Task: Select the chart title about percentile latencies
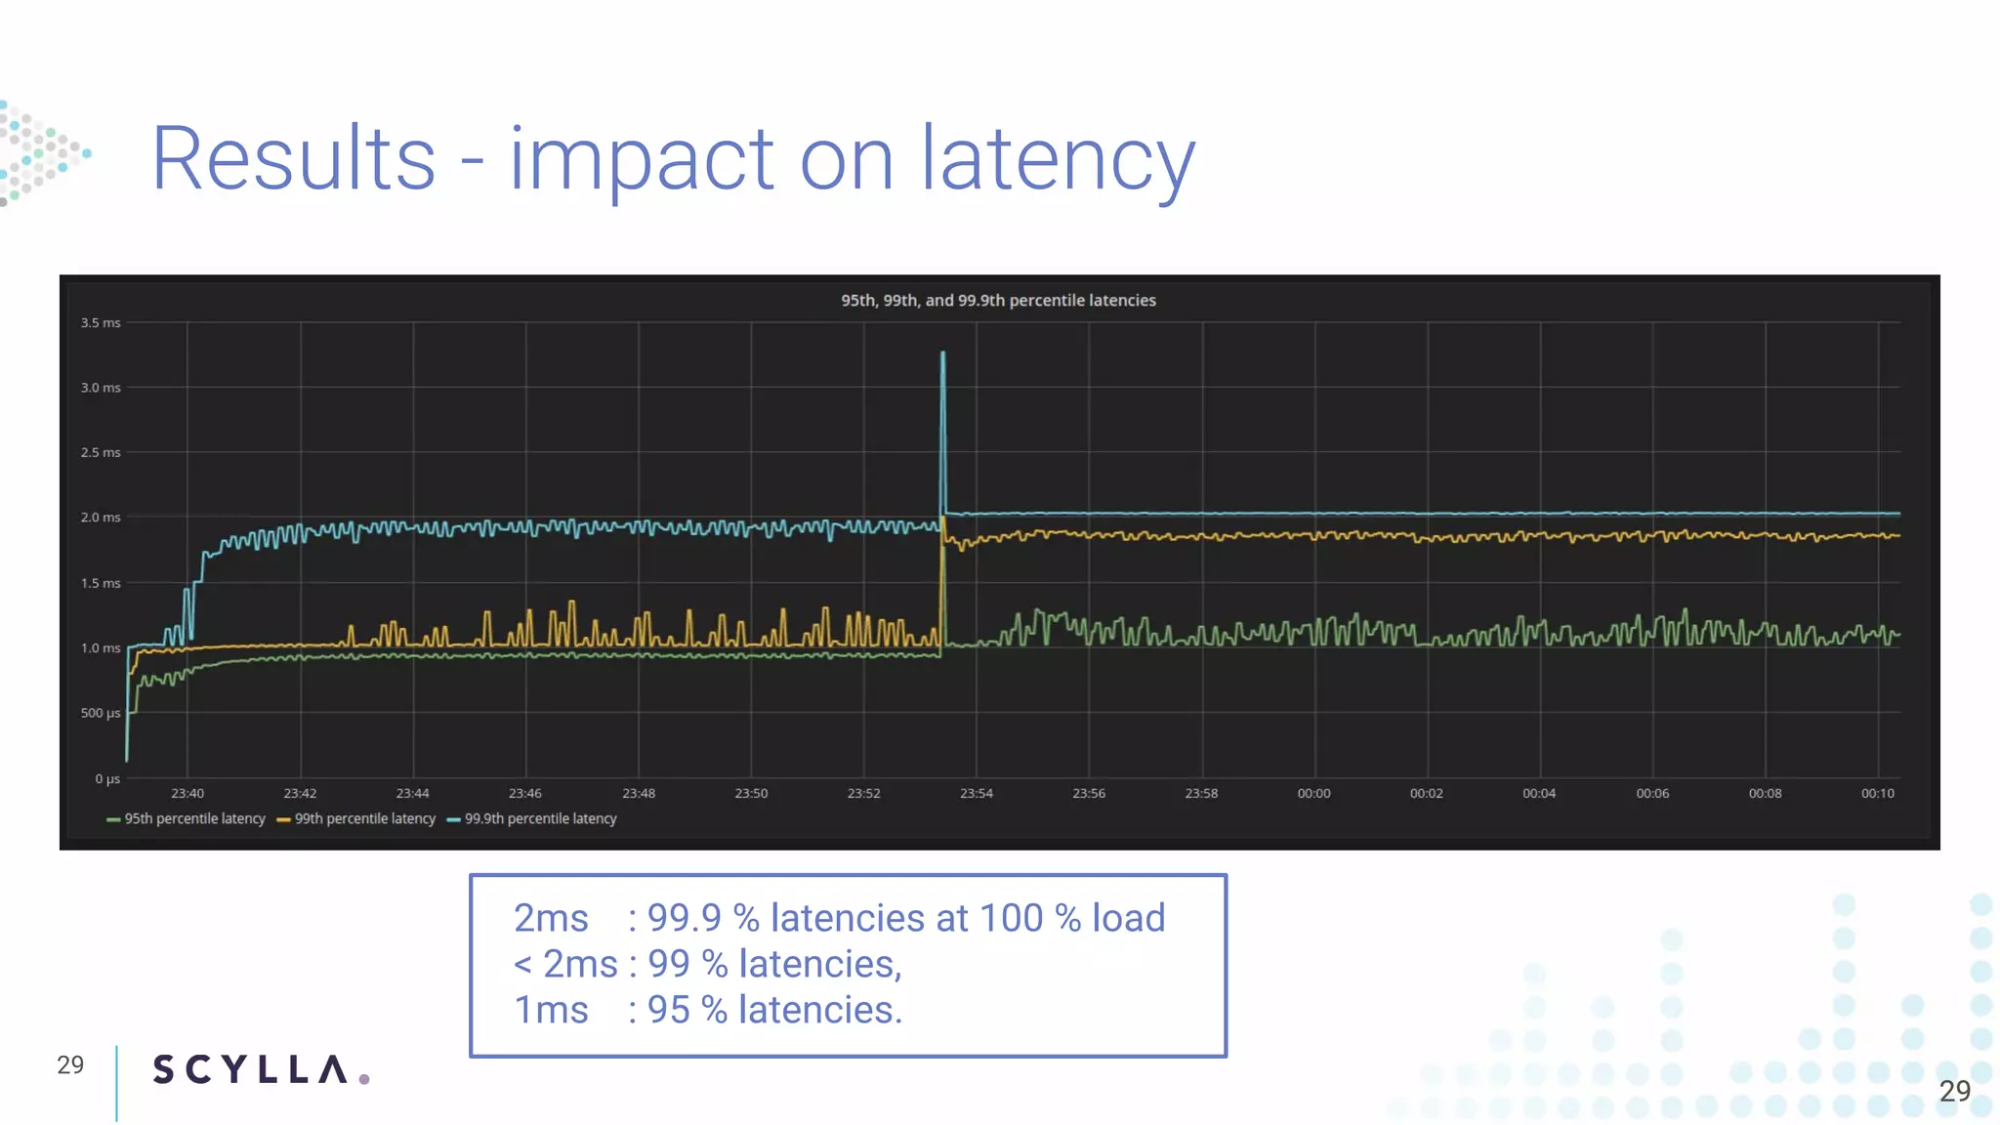[998, 301]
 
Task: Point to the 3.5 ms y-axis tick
[101, 323]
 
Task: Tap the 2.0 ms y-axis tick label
[101, 518]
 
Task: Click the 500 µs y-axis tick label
[101, 713]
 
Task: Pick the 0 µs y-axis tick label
[107, 779]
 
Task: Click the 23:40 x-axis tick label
[187, 794]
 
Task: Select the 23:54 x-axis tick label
[976, 794]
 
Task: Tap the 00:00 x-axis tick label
[1313, 794]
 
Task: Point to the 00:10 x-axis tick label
[1877, 794]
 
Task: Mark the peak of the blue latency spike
[942, 354]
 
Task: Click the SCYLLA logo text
[250, 1070]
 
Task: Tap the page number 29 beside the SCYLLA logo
[70, 1065]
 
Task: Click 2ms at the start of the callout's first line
[551, 919]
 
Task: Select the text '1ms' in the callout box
[551, 1011]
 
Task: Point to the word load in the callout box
[1128, 919]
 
